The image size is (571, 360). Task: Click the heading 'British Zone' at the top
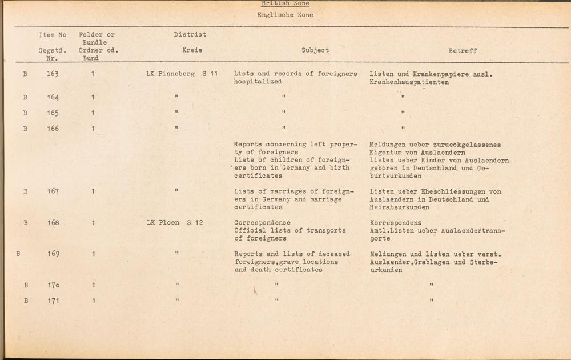(x=285, y=4)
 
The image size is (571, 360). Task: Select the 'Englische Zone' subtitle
(x=285, y=15)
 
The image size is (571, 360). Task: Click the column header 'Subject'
(x=315, y=50)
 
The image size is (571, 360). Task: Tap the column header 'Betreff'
(x=463, y=51)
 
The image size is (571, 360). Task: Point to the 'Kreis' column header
(x=192, y=50)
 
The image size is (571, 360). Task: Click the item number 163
(x=53, y=74)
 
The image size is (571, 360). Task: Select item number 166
(x=53, y=129)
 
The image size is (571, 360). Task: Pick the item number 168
(x=53, y=223)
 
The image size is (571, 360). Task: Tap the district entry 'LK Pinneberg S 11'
(x=182, y=74)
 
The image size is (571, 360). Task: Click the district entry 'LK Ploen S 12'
(x=175, y=223)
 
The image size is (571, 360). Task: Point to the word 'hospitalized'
(x=258, y=82)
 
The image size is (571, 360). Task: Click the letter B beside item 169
(x=18, y=254)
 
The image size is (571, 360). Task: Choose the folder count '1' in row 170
(x=93, y=285)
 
